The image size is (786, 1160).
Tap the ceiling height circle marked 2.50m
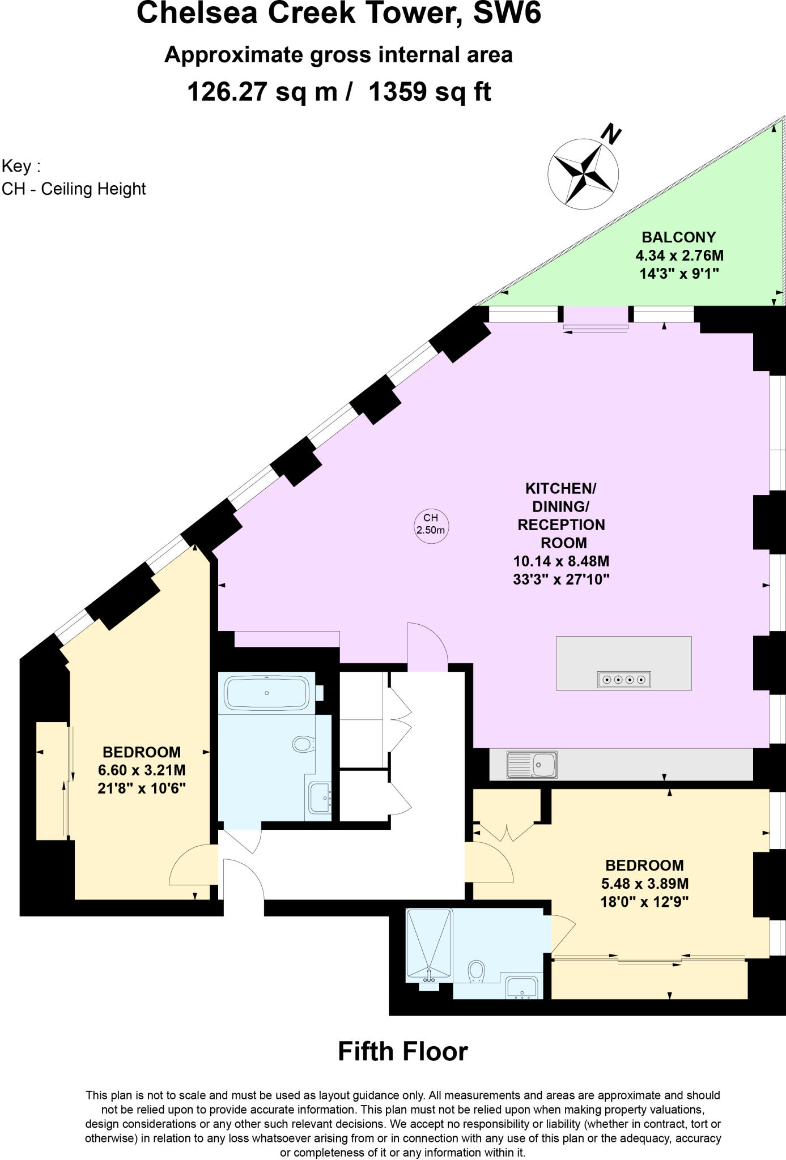click(431, 524)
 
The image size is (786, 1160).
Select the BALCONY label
click(678, 237)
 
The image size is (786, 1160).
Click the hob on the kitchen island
click(624, 679)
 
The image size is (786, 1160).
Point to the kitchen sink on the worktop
click(533, 765)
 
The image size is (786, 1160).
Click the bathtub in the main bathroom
click(267, 693)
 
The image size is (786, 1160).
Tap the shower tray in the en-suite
click(429, 945)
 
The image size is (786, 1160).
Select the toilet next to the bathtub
click(304, 743)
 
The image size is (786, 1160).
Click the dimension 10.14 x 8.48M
click(561, 561)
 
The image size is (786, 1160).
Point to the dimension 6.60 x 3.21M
click(142, 770)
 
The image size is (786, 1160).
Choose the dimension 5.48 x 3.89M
click(644, 884)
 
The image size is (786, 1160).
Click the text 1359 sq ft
click(430, 91)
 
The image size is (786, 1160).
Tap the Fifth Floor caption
click(403, 1051)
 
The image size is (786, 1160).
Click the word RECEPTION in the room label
click(561, 524)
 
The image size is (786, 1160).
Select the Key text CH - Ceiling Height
click(74, 189)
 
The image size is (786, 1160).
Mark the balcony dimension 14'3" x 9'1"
click(678, 274)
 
